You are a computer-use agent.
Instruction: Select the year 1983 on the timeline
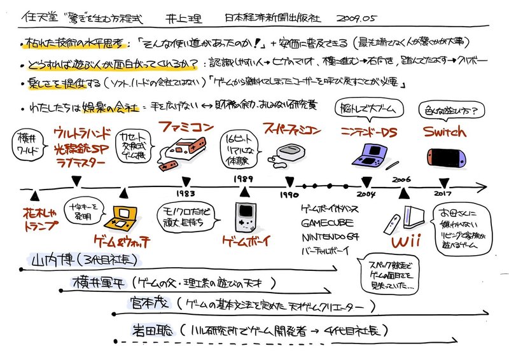tap(186, 194)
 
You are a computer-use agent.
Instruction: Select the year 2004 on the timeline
tap(366, 194)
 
